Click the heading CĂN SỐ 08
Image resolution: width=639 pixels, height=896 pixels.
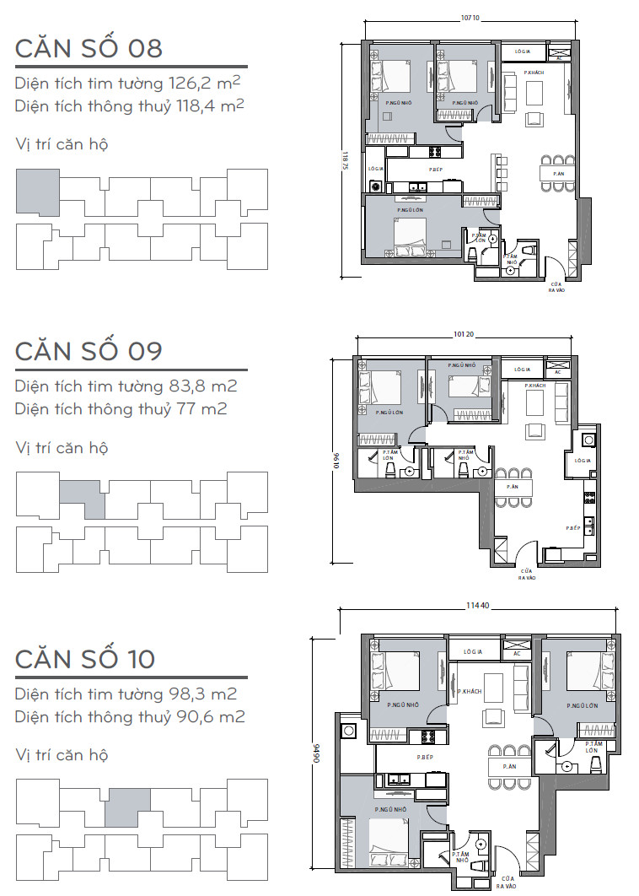tap(89, 48)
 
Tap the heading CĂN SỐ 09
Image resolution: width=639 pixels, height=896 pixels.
tap(89, 350)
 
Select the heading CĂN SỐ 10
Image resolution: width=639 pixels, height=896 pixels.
tap(85, 658)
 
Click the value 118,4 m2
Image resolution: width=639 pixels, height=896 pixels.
tap(211, 105)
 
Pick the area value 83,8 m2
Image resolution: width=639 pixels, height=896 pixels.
tap(202, 386)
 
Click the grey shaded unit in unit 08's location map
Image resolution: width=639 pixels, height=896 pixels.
tap(38, 191)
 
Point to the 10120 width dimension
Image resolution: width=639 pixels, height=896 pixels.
tap(464, 335)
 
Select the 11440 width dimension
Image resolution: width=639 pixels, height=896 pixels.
tap(479, 606)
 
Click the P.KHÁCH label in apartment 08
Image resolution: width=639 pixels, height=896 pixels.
tap(533, 73)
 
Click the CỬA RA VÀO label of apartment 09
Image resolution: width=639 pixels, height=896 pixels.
tap(527, 575)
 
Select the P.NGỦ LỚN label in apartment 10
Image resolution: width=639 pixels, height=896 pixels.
tap(583, 705)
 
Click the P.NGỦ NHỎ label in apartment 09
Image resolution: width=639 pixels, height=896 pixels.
tap(462, 365)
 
